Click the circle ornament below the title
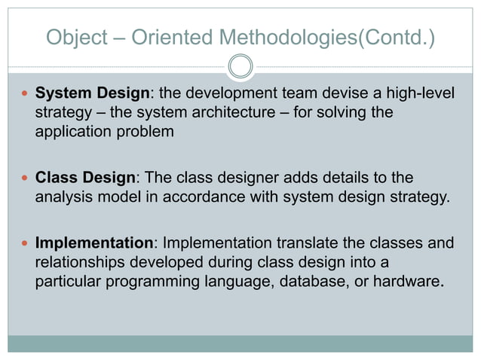point(240,66)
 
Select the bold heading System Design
point(93,94)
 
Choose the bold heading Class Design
point(85,178)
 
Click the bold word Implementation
point(94,244)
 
